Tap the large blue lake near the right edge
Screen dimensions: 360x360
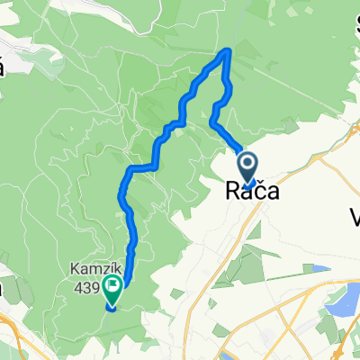[347, 302]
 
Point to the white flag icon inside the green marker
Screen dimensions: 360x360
[113, 288]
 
